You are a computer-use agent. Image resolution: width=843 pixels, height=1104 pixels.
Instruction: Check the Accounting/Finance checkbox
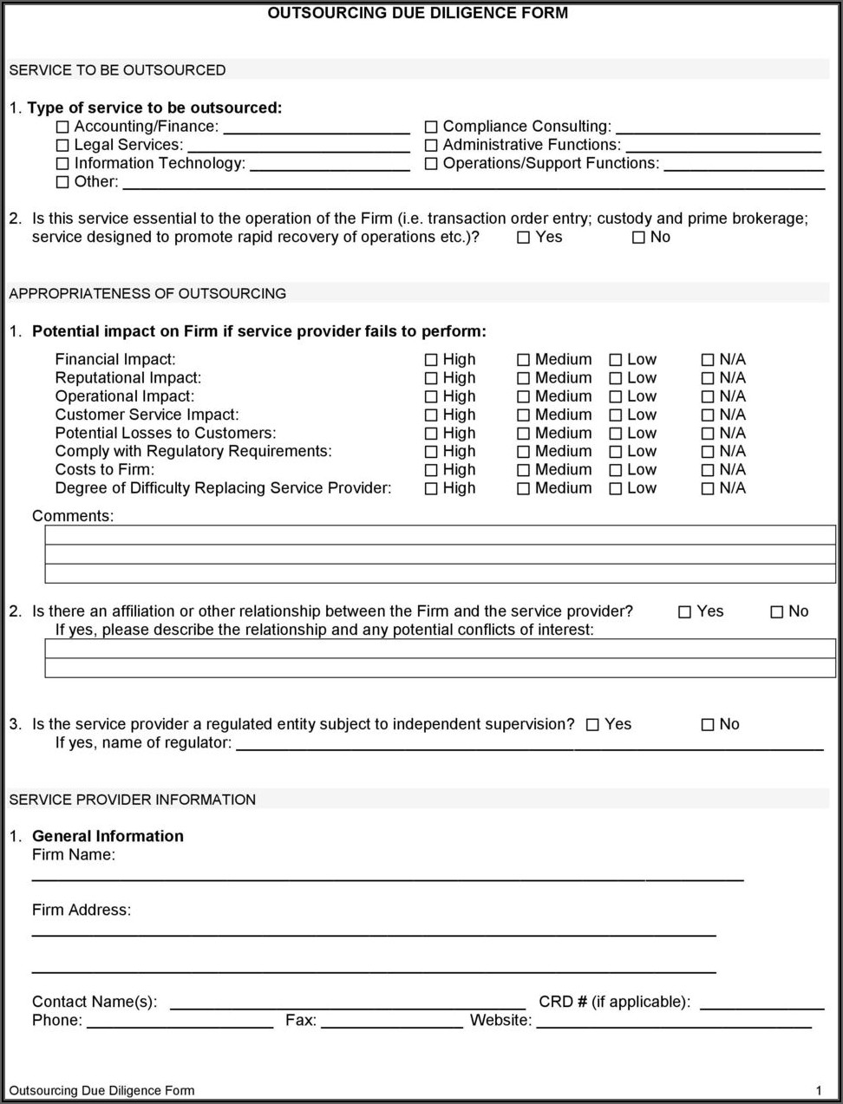(x=62, y=127)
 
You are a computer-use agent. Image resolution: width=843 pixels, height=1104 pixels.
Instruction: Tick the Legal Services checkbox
(x=62, y=146)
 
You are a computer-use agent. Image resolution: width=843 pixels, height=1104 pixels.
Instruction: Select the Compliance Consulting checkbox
(x=431, y=127)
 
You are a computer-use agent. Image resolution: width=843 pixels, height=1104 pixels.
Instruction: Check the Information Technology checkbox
(x=62, y=164)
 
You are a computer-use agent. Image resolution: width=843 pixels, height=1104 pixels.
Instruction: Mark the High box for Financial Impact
(x=431, y=360)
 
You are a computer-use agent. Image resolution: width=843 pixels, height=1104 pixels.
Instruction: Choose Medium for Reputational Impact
(x=523, y=378)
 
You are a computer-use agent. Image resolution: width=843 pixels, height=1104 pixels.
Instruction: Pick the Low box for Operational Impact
(x=616, y=396)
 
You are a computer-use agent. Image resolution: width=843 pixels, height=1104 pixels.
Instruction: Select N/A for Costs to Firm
(x=708, y=470)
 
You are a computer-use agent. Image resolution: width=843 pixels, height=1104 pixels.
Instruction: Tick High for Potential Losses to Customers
(x=431, y=434)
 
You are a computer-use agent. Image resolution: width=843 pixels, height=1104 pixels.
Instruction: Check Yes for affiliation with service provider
(x=685, y=612)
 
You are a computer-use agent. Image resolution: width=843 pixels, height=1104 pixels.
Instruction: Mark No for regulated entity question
(x=708, y=725)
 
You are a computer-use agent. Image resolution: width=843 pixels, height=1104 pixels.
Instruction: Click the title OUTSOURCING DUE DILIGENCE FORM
(x=418, y=13)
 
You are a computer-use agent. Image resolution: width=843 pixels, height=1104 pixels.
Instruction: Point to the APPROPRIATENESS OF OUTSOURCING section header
(x=147, y=293)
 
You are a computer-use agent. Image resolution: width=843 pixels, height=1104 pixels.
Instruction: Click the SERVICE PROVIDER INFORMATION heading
(x=133, y=800)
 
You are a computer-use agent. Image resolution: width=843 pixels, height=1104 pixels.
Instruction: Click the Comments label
(x=73, y=516)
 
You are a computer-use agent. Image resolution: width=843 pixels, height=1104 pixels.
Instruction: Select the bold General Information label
(x=108, y=836)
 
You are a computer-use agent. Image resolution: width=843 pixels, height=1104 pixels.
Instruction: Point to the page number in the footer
(x=819, y=1090)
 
